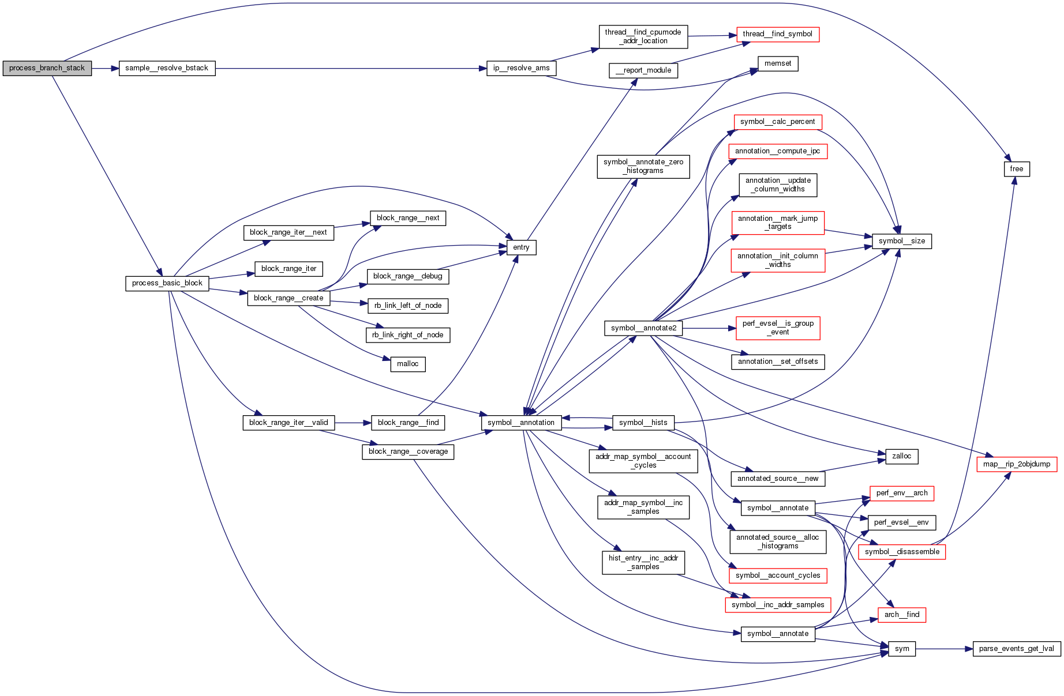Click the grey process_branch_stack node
click(47, 68)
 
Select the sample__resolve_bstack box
click(167, 68)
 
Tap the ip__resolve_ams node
click(521, 68)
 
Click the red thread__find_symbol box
click(777, 34)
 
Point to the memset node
click(778, 63)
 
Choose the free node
click(1016, 169)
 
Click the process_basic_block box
click(167, 283)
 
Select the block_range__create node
click(289, 298)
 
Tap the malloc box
click(407, 364)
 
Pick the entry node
click(521, 247)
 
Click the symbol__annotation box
click(521, 423)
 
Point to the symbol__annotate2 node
click(643, 328)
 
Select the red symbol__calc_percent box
click(777, 122)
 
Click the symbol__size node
click(901, 241)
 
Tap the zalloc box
click(901, 456)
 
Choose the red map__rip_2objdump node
click(1016, 464)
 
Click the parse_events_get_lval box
click(1016, 649)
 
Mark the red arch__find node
click(901, 615)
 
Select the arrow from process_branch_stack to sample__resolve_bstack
click(105, 68)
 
